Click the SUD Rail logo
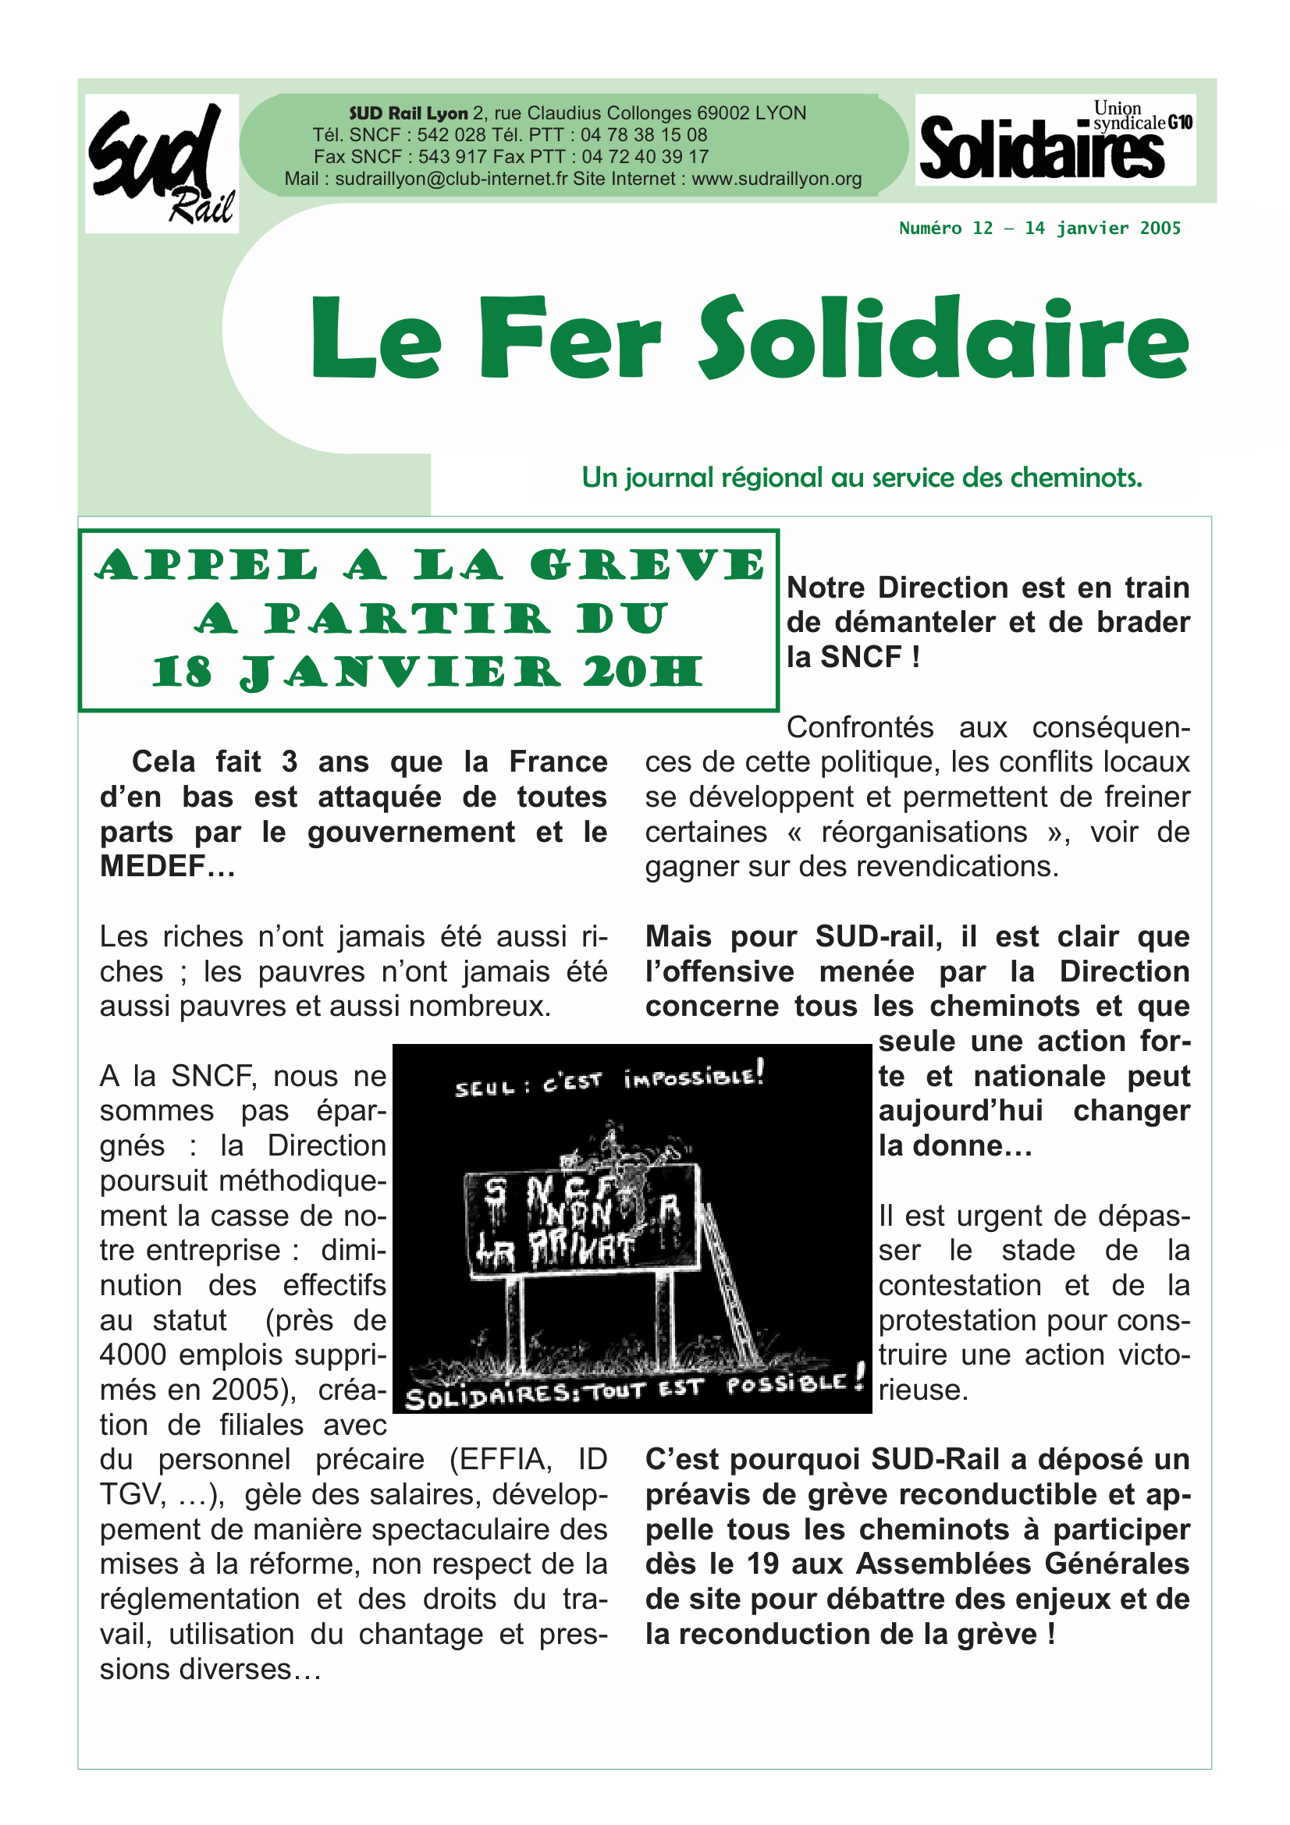(x=162, y=163)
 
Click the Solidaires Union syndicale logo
(x=1055, y=140)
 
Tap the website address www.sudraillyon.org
(x=776, y=179)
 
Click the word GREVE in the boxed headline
(x=647, y=566)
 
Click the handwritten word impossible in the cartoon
(x=693, y=1077)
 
